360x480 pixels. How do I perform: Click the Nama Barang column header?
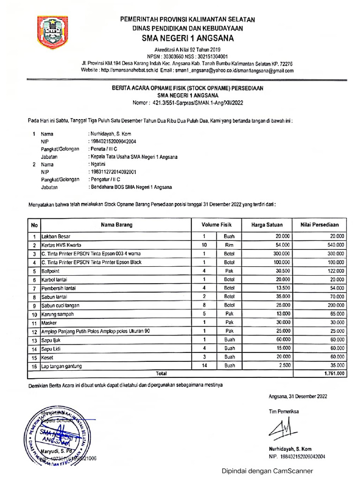117,225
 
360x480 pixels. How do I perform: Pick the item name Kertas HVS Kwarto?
61,245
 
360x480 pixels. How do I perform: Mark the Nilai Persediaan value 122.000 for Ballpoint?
333,271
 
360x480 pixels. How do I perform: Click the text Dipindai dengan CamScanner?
268,471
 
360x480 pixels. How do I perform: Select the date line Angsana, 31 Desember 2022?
298,396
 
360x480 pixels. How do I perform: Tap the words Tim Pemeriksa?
284,412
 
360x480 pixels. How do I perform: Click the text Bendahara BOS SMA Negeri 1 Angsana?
131,187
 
